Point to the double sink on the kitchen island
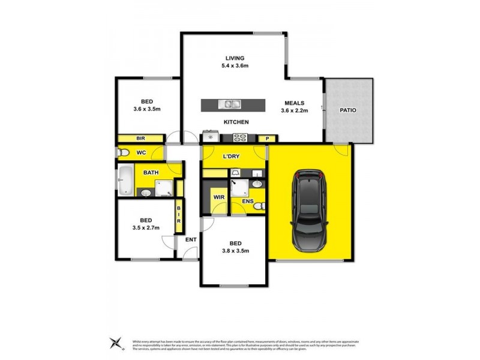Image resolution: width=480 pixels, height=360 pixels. coord(230,104)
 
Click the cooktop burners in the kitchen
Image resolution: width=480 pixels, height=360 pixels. coord(241,138)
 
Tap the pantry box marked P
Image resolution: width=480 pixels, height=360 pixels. coord(268,139)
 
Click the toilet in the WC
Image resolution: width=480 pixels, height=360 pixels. coord(122,153)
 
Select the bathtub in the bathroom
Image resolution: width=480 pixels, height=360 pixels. coord(125,181)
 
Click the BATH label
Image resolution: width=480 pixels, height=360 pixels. coord(151,173)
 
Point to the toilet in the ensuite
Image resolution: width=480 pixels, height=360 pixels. coord(258,206)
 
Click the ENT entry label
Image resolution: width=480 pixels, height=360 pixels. coord(191,241)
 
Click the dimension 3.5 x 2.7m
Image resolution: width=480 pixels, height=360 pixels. coord(146,228)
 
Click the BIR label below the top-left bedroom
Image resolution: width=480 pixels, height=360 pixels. coord(140,139)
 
